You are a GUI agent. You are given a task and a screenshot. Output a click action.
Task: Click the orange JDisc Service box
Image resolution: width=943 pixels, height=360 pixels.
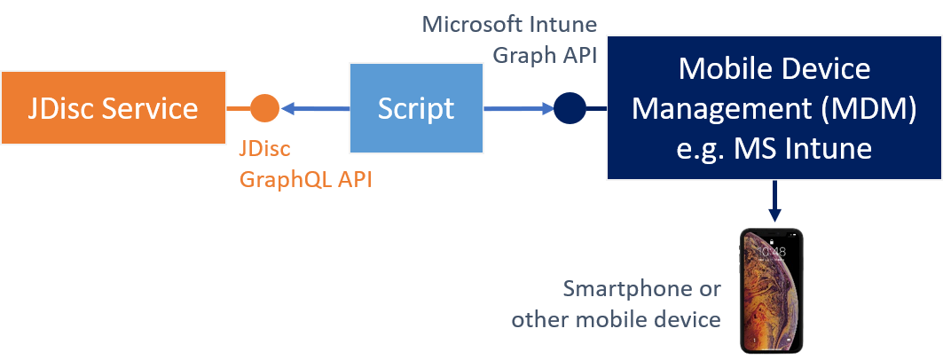click(x=113, y=109)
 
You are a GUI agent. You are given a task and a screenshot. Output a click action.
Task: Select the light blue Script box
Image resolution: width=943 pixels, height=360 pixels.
click(x=416, y=108)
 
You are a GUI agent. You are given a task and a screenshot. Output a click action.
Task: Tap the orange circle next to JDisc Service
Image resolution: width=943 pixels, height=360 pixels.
click(x=264, y=108)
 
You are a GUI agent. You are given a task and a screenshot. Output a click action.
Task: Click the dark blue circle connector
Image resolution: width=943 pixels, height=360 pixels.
click(x=570, y=108)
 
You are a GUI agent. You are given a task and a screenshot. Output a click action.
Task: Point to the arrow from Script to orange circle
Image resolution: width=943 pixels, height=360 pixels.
click(x=315, y=109)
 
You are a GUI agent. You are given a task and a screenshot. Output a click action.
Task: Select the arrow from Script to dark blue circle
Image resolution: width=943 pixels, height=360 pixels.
click(x=518, y=109)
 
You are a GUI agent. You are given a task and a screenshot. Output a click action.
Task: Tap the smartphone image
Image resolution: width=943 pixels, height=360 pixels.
click(x=771, y=290)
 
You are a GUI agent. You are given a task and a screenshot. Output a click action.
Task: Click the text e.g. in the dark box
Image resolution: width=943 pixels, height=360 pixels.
click(x=695, y=148)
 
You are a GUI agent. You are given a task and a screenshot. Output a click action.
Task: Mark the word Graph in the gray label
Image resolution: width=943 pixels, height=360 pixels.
click(x=523, y=54)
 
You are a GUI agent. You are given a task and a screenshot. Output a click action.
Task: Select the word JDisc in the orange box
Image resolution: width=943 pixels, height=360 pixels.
click(x=58, y=108)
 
